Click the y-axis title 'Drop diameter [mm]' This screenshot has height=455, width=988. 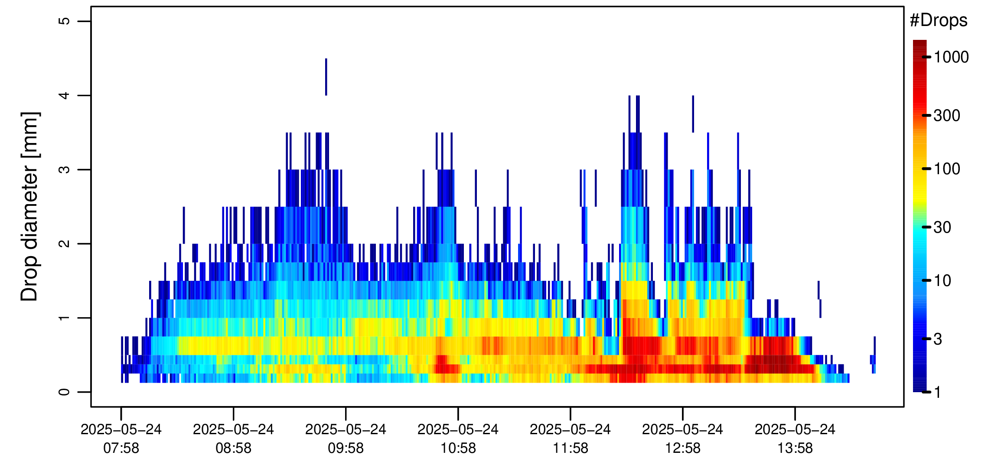tap(30, 206)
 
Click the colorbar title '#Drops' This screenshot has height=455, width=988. tap(939, 20)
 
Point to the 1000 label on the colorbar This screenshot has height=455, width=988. tap(951, 57)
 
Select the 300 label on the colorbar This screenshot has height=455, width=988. tap(947, 116)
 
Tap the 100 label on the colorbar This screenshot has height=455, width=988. tap(947, 169)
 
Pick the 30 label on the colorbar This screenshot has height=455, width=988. tap(942, 227)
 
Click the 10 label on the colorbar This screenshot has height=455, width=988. tap(942, 280)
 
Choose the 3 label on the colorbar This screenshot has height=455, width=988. tap(938, 339)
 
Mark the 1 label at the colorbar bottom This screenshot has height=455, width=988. tap(938, 392)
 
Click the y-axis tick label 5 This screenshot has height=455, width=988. tap(64, 21)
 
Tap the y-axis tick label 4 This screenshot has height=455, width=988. tap(64, 95)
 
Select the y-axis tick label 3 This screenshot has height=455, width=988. tap(64, 169)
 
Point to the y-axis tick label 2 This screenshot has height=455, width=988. tap(64, 244)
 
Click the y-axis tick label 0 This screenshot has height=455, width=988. tap(64, 392)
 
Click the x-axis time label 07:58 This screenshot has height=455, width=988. tap(121, 448)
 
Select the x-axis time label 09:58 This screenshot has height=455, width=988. tap(346, 448)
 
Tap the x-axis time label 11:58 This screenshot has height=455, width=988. tap(570, 448)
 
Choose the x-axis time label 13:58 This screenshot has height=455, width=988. tap(795, 448)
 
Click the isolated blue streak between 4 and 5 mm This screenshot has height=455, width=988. tap(326, 77)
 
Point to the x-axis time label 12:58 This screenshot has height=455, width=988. tap(682, 448)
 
